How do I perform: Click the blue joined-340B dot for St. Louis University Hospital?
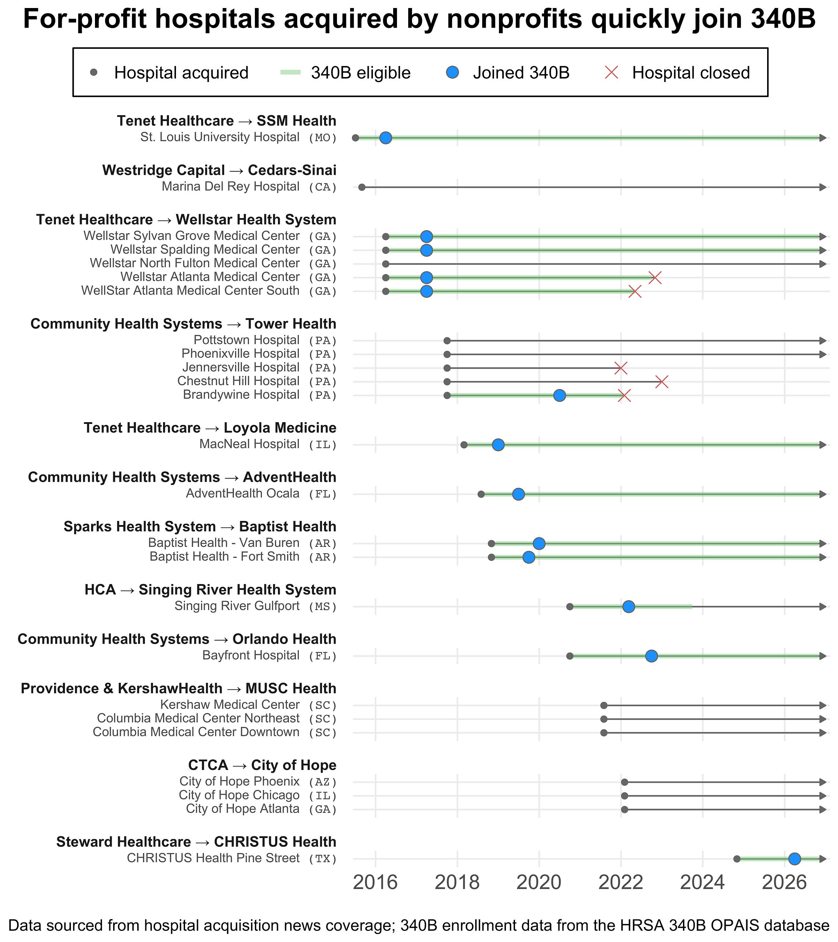[385, 138]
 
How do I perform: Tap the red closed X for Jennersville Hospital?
[621, 368]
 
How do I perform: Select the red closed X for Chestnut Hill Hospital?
[662, 382]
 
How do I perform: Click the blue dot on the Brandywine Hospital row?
[559, 395]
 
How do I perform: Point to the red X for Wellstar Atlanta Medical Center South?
[635, 291]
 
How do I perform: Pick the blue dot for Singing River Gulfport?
[628, 607]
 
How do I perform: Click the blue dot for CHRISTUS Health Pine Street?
[795, 859]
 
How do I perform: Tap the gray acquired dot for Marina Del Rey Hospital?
[362, 187]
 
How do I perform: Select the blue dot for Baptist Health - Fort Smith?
[529, 558]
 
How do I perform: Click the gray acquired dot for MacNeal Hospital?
[464, 445]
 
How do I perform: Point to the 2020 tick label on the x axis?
[539, 883]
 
